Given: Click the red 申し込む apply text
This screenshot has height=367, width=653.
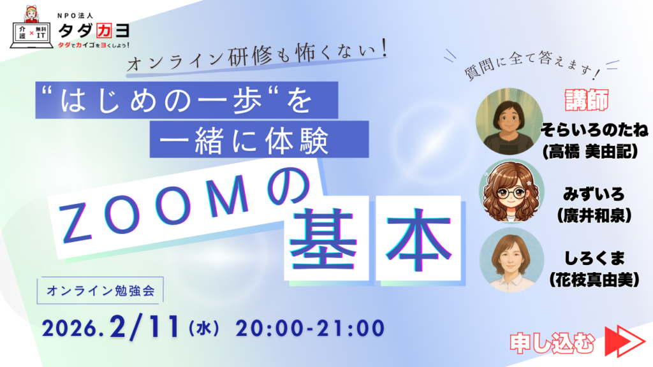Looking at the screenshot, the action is (x=552, y=343).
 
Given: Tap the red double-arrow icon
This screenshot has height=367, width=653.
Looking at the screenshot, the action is (x=624, y=342).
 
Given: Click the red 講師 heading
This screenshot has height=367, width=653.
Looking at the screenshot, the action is (x=587, y=100).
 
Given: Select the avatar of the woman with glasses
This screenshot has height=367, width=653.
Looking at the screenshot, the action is (x=511, y=191).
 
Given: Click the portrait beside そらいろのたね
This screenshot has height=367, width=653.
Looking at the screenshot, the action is (x=509, y=121).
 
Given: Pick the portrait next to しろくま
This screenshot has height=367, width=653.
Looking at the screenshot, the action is (x=512, y=260).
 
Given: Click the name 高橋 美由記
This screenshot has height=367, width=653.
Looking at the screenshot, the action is (x=591, y=152).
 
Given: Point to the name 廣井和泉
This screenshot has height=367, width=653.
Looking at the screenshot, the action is (x=594, y=216).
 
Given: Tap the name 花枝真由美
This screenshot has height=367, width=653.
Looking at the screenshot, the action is (x=594, y=280).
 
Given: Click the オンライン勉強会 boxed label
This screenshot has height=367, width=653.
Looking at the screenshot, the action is (x=100, y=291).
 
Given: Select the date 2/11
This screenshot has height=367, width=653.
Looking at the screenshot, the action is (x=145, y=327).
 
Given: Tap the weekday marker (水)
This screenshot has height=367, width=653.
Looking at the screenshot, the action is (x=204, y=328).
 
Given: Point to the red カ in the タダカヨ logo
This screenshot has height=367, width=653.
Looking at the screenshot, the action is (x=104, y=31).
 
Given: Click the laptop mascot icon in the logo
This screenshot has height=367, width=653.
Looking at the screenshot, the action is (x=32, y=27).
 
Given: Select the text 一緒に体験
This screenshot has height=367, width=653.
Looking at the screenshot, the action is (x=244, y=140).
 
